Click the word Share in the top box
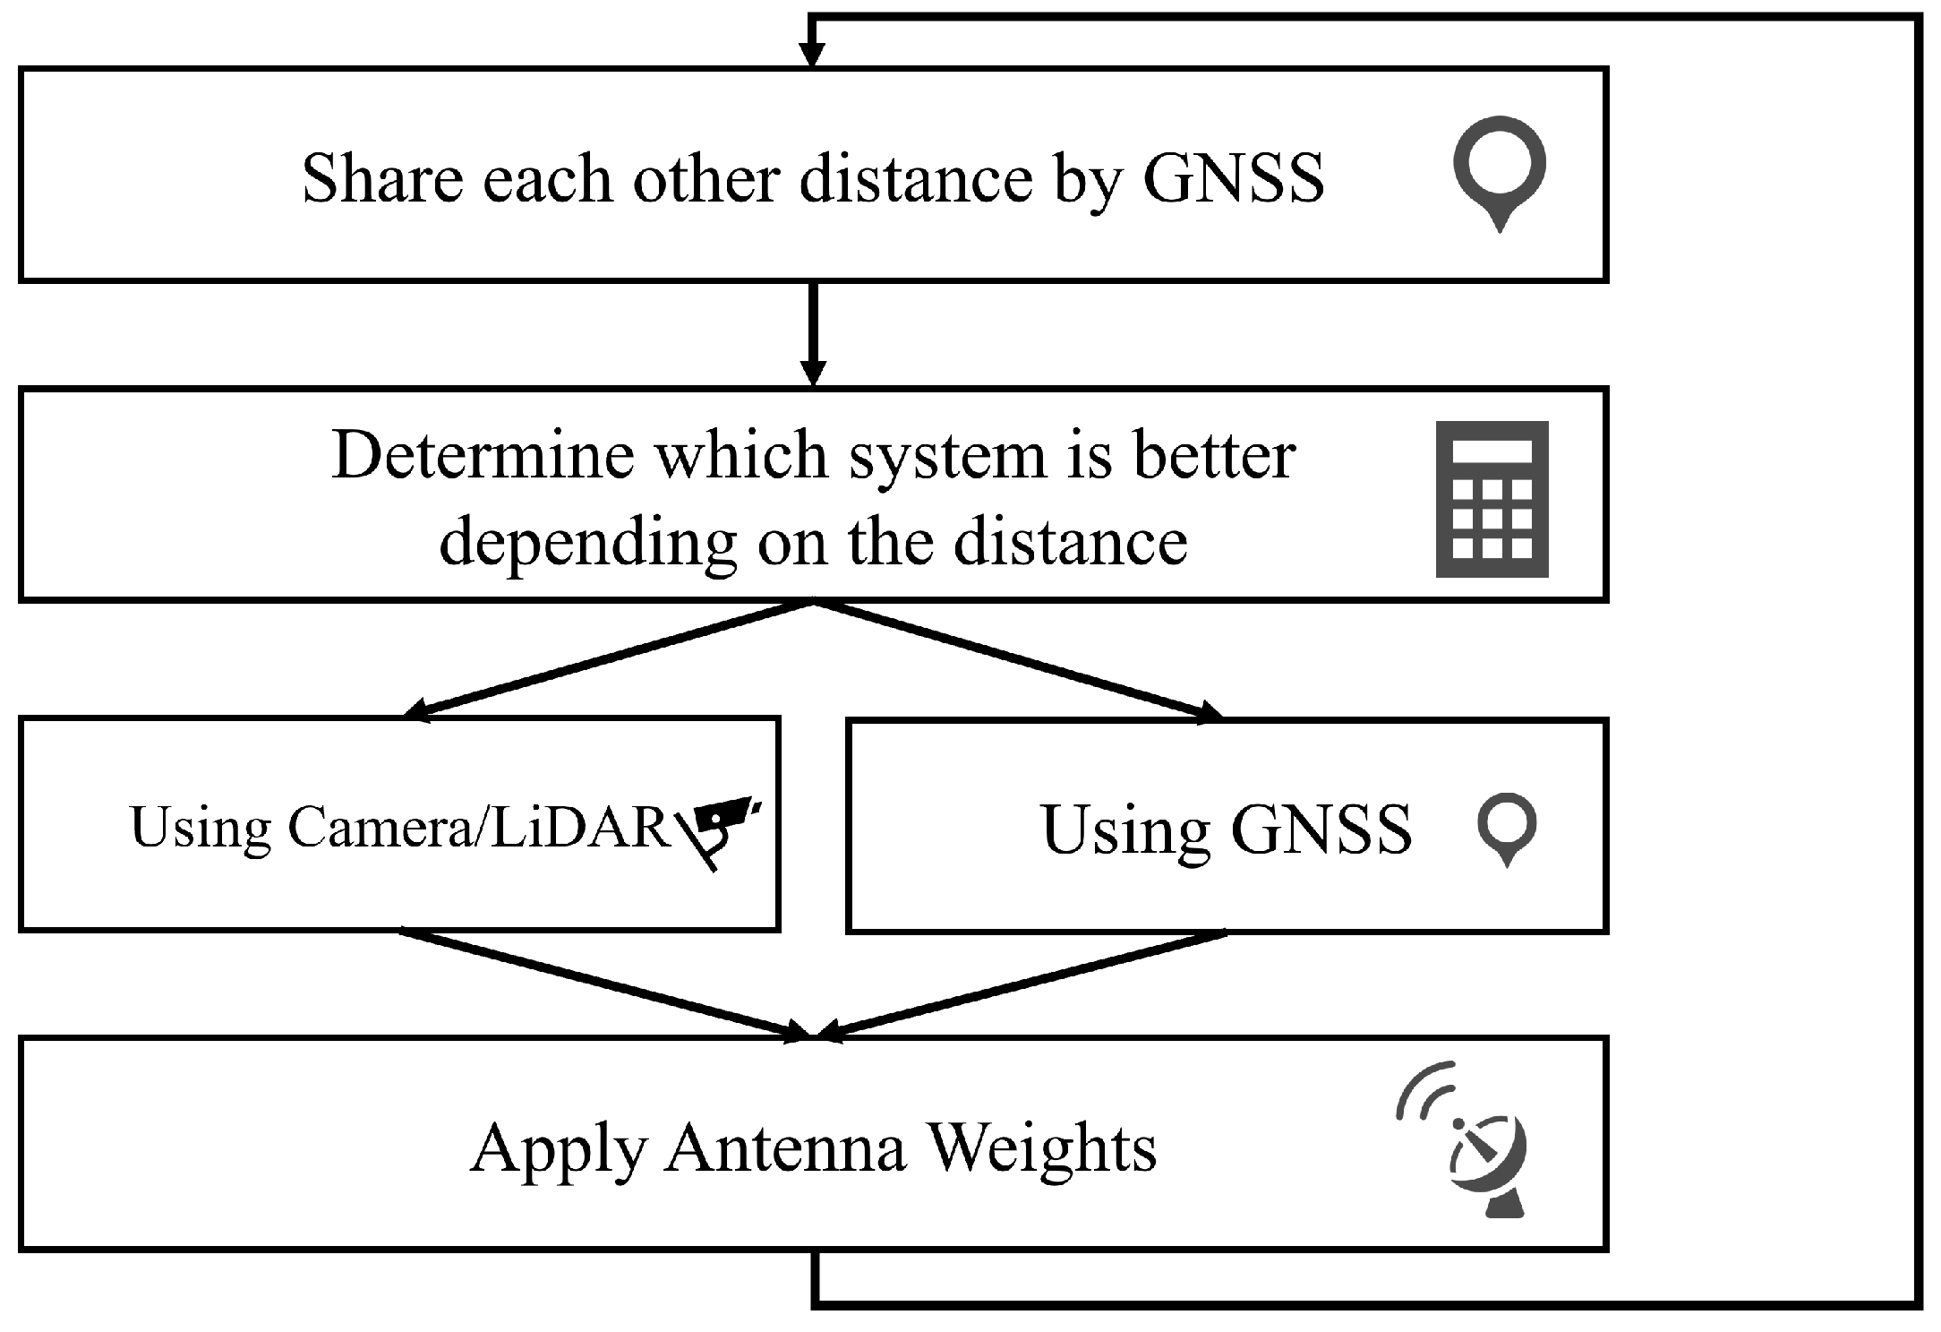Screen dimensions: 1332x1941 click(382, 178)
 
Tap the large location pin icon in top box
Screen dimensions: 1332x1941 click(1500, 170)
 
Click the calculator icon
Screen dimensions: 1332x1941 click(1492, 499)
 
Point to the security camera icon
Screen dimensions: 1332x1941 click(721, 828)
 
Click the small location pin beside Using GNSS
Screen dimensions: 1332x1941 click(1507, 826)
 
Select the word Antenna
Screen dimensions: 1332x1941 click(785, 1147)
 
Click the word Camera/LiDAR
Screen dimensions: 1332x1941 click(478, 827)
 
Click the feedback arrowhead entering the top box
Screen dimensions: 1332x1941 click(811, 54)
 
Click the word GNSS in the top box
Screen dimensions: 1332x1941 click(1233, 178)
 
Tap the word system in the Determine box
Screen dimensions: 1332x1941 click(947, 456)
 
